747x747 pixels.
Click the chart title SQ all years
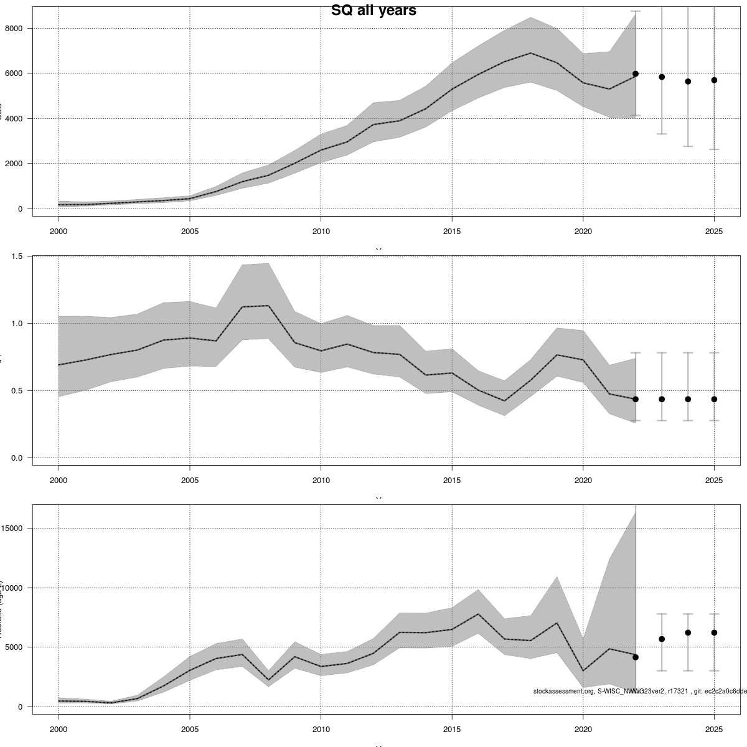click(374, 11)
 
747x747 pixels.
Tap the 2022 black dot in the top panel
click(636, 73)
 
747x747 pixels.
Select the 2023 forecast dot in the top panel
click(662, 77)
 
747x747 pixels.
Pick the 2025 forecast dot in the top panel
click(714, 80)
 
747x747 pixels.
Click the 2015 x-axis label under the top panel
click(452, 232)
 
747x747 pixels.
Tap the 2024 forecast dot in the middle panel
click(688, 399)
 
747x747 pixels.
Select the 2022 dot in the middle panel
click(636, 399)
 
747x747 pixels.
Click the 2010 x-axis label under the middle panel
click(321, 481)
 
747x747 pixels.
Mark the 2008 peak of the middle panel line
click(268, 306)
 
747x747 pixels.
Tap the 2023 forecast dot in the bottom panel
click(662, 639)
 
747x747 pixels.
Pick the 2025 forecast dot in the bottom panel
click(714, 632)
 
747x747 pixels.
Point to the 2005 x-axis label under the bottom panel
click(190, 730)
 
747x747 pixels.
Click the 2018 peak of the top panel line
click(530, 53)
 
